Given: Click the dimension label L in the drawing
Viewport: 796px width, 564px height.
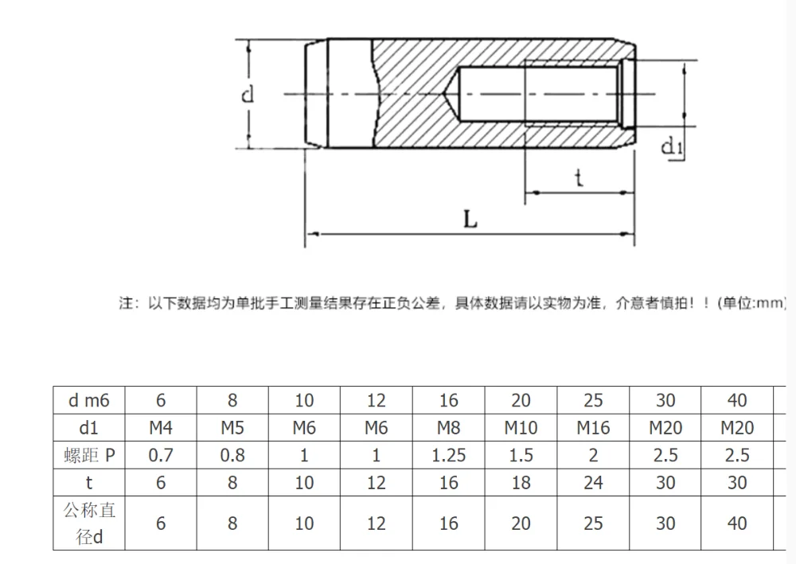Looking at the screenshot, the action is point(470,219).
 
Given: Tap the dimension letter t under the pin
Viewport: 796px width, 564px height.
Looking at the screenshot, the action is point(579,177).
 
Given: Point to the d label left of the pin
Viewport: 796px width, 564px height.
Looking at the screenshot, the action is point(248,95).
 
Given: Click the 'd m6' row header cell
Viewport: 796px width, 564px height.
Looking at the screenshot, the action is point(89,400).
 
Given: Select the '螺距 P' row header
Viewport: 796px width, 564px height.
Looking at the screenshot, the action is point(89,455).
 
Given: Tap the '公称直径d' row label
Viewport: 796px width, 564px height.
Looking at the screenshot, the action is point(89,523).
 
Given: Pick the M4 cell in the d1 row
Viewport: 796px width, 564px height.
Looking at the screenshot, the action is point(161,428).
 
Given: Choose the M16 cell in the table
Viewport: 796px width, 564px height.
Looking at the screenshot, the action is point(593,428).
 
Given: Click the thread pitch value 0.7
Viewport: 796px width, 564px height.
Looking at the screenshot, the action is point(161,455).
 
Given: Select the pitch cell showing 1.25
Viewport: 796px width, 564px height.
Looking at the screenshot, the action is point(449,455).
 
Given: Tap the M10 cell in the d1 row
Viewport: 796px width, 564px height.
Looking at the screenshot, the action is point(521,428).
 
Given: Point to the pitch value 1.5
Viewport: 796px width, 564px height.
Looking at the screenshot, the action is point(521,455).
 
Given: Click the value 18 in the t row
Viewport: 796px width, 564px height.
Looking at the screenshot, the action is point(521,483).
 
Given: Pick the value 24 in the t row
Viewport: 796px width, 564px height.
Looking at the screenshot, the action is point(593,483).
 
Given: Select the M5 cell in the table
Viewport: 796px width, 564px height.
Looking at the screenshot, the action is point(232,428).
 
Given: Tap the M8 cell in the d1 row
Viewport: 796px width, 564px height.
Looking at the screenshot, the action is point(449,428).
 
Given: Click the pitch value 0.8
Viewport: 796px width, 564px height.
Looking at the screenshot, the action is point(232,455).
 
